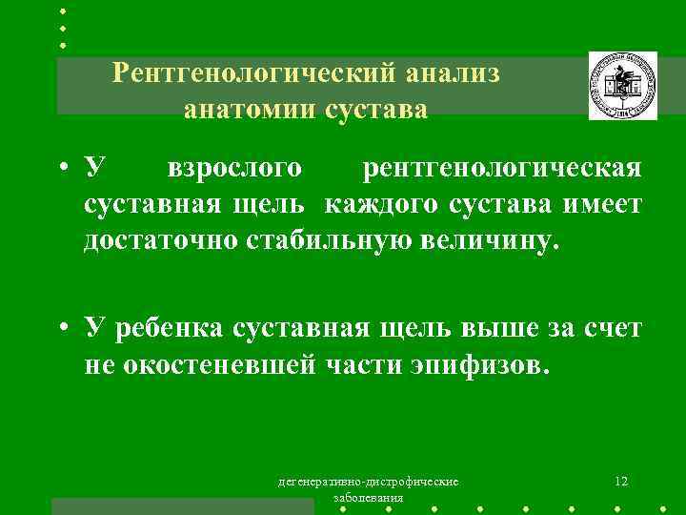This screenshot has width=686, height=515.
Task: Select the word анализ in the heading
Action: pos(453,72)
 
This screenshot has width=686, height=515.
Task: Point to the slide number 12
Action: pos(621,481)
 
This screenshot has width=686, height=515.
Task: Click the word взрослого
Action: pos(234,169)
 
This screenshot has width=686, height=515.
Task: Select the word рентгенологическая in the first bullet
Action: pos(502,169)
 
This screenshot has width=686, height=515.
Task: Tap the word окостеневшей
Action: pos(226,365)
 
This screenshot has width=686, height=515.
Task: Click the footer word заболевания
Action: pos(367,498)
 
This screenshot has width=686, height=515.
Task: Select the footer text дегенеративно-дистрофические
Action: pos(367,482)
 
